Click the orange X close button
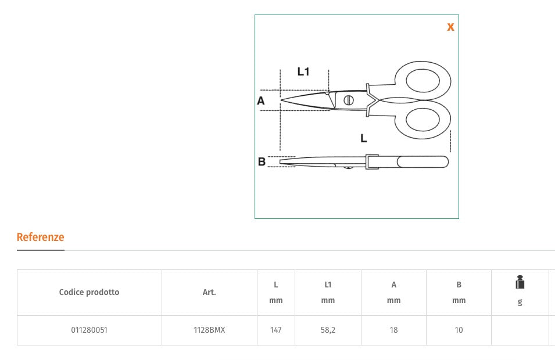[450, 27]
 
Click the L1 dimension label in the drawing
[303, 72]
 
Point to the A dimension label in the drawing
[261, 101]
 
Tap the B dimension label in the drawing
[262, 162]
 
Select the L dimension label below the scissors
[363, 138]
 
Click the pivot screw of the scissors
[348, 100]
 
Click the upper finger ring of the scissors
[422, 80]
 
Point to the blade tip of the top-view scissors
[282, 100]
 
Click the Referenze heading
[40, 237]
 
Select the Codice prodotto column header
[89, 293]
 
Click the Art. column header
[209, 293]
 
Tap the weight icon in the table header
[520, 283]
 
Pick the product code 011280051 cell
[89, 330]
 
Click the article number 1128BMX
[209, 330]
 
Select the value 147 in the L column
[275, 330]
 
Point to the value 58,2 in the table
[328, 330]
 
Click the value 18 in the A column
[393, 330]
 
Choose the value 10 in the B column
[459, 330]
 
